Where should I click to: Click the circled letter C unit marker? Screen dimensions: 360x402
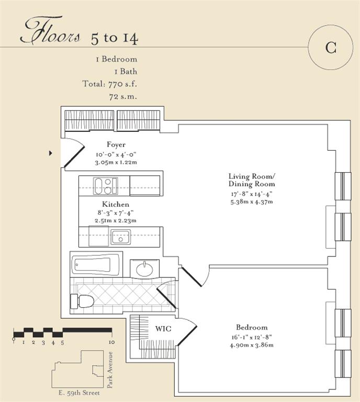click(x=331, y=47)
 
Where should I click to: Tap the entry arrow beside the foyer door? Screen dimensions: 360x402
click(x=50, y=153)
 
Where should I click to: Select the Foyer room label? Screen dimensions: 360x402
click(x=116, y=144)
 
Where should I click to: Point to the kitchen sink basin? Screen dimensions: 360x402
click(x=120, y=237)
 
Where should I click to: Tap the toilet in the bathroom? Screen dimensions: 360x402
click(x=82, y=301)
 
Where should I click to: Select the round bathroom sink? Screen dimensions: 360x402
click(x=144, y=269)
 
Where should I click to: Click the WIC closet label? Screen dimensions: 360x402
click(x=163, y=329)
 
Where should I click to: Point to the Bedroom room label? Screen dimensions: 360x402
click(x=252, y=327)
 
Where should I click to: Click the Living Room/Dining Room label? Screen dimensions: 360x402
click(x=252, y=180)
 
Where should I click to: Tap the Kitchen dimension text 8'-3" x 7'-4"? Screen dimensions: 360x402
click(x=116, y=213)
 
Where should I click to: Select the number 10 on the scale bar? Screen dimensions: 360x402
click(x=112, y=342)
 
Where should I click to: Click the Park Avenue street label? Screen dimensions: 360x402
click(x=110, y=370)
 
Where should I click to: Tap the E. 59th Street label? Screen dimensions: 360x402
click(x=79, y=393)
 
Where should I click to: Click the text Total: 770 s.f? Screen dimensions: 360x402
click(x=110, y=84)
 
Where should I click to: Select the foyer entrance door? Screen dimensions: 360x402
click(x=74, y=153)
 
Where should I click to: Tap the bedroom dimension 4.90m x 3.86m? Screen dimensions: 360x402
click(x=252, y=345)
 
